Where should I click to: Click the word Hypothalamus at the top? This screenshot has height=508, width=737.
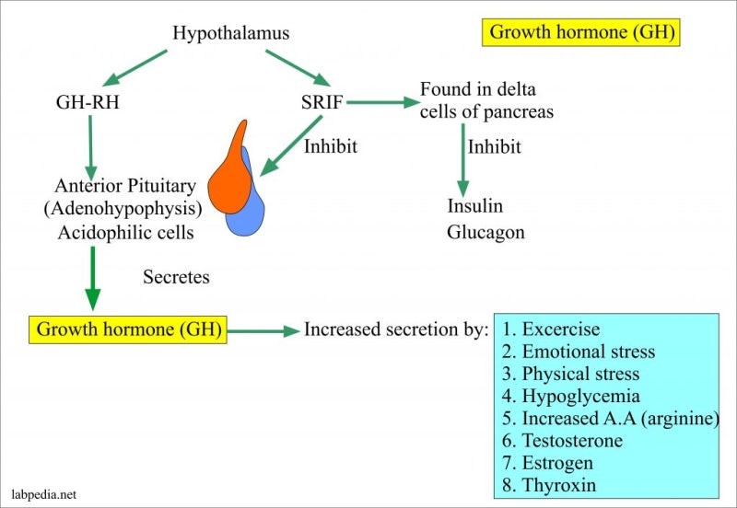pyautogui.click(x=231, y=33)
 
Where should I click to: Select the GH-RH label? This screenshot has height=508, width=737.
pyautogui.click(x=88, y=102)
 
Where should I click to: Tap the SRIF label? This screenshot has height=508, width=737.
pyautogui.click(x=322, y=102)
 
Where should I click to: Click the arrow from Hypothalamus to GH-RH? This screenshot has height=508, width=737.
pyautogui.click(x=135, y=68)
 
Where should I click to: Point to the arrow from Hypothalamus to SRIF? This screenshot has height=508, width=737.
pyautogui.click(x=298, y=67)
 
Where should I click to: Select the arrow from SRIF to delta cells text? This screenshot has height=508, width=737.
pyautogui.click(x=383, y=102)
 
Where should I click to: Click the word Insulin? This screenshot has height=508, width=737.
pyautogui.click(x=474, y=205)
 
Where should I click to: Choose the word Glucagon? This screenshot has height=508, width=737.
pyautogui.click(x=485, y=233)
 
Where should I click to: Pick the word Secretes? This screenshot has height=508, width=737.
pyautogui.click(x=176, y=277)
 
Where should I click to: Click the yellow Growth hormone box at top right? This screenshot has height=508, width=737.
pyautogui.click(x=581, y=32)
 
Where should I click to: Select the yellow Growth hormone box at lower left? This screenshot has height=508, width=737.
pyautogui.click(x=128, y=329)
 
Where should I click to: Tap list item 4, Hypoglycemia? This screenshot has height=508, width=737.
pyautogui.click(x=570, y=396)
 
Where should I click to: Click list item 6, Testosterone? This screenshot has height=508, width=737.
pyautogui.click(x=562, y=441)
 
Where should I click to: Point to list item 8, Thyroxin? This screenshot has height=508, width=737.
pyautogui.click(x=548, y=484)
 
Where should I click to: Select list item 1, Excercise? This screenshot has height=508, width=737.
pyautogui.click(x=551, y=329)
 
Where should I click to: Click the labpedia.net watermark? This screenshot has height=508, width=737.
pyautogui.click(x=43, y=494)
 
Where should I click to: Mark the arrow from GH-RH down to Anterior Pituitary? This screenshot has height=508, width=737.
pyautogui.click(x=90, y=147)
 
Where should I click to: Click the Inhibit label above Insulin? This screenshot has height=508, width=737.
pyautogui.click(x=494, y=147)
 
